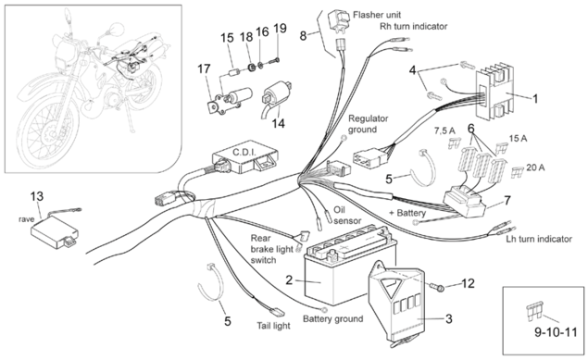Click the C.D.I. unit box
[x=245, y=157]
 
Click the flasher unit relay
[x=339, y=19]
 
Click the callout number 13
[x=37, y=196]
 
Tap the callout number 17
[x=205, y=68]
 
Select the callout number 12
[x=468, y=283]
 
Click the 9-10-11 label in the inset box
[x=556, y=332]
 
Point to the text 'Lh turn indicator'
[x=539, y=239]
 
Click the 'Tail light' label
[x=273, y=326]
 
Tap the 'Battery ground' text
[x=333, y=318]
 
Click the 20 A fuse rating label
[x=535, y=168]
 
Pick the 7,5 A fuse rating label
[x=444, y=130]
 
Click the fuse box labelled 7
[x=464, y=204]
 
